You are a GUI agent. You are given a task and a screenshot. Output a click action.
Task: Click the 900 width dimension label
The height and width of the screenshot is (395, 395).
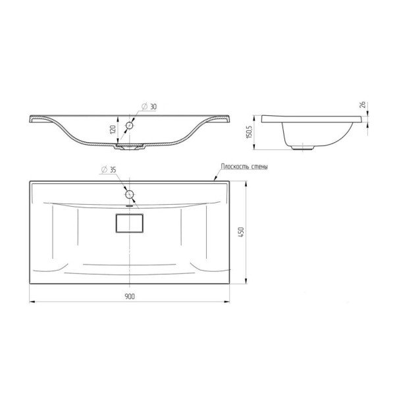coord(130,296)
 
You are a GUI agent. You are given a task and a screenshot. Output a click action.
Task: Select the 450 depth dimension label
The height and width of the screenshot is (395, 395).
coord(241,232)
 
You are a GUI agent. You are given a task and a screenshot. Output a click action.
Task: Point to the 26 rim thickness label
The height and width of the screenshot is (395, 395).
coord(363,105)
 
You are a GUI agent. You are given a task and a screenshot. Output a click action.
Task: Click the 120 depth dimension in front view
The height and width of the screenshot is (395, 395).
coord(113,130)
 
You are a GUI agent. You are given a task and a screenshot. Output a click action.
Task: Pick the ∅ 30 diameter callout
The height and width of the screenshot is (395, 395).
coord(149,107)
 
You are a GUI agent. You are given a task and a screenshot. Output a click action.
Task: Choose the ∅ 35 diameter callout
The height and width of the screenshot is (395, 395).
coord(109,170)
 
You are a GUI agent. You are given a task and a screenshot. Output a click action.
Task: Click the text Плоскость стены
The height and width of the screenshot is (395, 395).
coord(244,167)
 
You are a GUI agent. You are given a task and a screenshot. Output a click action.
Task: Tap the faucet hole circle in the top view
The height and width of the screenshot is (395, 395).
coord(130,194)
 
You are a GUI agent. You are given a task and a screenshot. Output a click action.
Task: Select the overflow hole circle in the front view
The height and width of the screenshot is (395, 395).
coord(130,125)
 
